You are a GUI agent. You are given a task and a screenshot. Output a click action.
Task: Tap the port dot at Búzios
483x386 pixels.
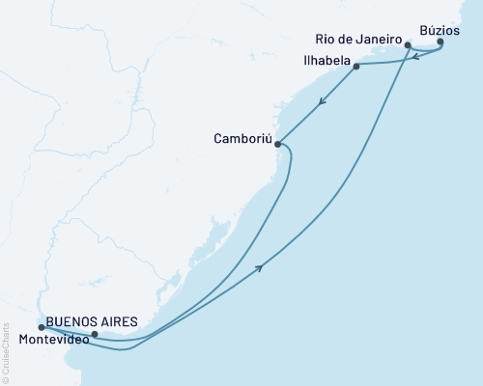point(440,42)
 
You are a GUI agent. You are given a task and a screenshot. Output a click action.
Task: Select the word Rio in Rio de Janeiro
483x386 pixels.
point(327,40)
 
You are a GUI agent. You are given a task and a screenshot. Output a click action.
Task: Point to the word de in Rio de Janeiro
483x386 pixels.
point(348,40)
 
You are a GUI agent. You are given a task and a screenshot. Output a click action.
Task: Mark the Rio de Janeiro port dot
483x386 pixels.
point(409,45)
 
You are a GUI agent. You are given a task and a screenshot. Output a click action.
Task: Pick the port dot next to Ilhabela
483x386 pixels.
point(357,67)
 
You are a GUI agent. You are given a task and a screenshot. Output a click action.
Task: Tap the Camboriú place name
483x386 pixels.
point(241,138)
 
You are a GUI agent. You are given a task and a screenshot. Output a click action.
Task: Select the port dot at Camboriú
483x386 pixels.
point(278,145)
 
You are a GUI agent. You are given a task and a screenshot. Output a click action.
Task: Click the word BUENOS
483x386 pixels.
point(71,320)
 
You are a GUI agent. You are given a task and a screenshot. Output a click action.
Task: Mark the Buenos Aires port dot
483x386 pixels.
point(41,328)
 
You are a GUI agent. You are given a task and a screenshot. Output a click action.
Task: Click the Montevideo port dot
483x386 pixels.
point(94,335)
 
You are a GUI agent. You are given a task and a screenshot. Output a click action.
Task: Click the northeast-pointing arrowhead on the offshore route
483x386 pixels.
point(262,269)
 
